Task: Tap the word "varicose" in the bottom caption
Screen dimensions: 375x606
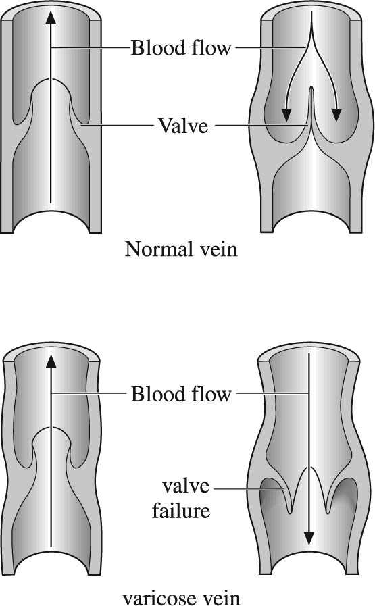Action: pyautogui.click(x=157, y=597)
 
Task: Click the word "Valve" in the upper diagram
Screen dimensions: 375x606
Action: pyautogui.click(x=183, y=126)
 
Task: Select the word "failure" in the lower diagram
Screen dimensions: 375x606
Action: pyautogui.click(x=181, y=511)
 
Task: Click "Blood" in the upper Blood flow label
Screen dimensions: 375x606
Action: pyautogui.click(x=158, y=48)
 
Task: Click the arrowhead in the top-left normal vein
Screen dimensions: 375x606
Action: pyautogui.click(x=51, y=18)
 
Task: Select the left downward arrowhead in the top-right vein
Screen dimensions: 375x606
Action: pyautogui.click(x=286, y=115)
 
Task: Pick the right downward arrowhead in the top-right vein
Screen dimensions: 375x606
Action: pyautogui.click(x=336, y=115)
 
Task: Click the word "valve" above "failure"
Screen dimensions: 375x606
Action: pyautogui.click(x=186, y=486)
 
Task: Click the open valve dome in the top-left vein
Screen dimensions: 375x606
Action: pyautogui.click(x=51, y=80)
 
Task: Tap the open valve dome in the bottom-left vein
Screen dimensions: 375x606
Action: pyautogui.click(x=51, y=428)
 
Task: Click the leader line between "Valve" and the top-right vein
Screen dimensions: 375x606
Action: pyautogui.click(x=261, y=125)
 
